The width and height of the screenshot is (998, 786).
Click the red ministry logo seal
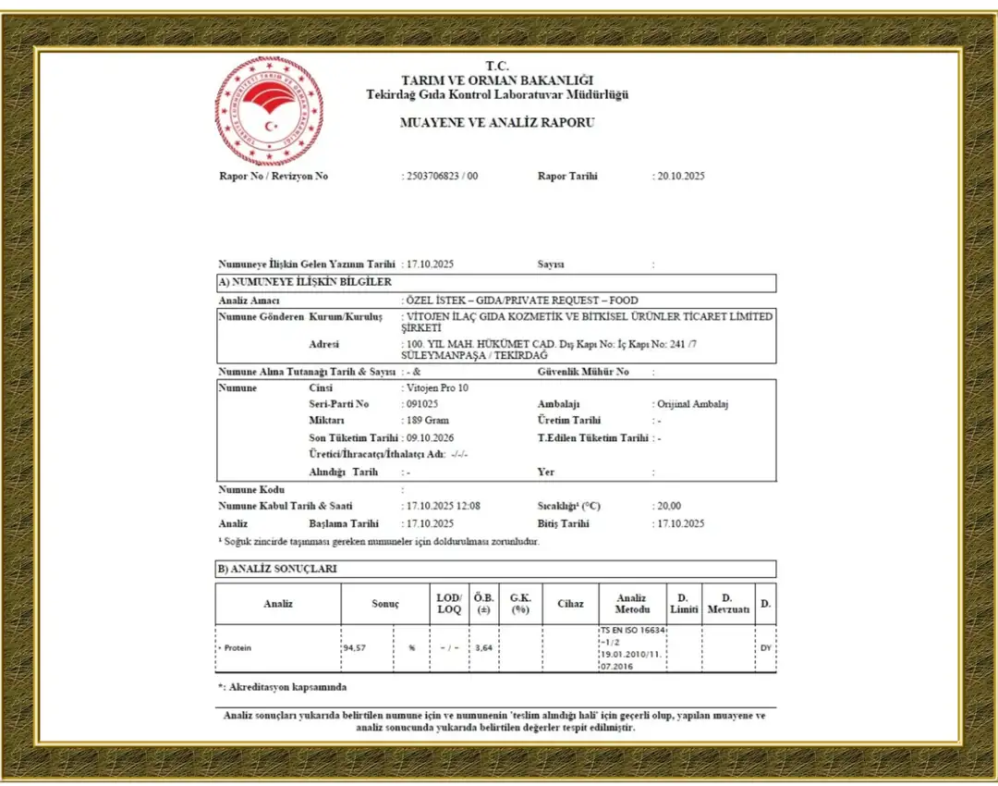pos(269,111)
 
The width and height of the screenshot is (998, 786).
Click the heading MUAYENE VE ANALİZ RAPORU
pos(497,122)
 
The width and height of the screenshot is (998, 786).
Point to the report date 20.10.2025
pos(681,176)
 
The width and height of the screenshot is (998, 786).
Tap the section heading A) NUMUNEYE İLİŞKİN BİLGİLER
pos(305,282)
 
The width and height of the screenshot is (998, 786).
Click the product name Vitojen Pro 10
pos(438,387)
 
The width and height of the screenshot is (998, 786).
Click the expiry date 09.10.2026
pos(431,437)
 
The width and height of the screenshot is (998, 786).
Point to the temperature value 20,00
pos(669,506)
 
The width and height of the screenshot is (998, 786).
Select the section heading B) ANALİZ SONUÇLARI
pos(277,569)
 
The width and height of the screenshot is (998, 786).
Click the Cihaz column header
pos(570,604)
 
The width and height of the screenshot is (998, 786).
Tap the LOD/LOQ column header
pos(449,604)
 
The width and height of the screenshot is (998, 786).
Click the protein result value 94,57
pos(354,648)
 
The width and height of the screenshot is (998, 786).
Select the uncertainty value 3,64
pos(483,648)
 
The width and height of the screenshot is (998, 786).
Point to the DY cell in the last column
pos(765,648)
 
